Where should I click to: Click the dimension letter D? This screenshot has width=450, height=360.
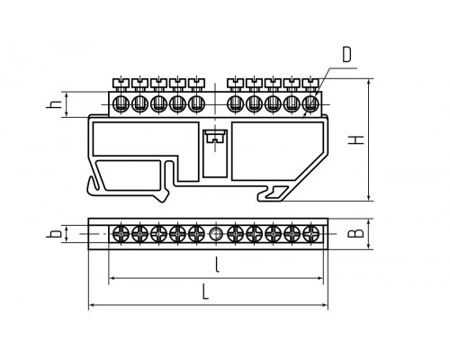(346, 55)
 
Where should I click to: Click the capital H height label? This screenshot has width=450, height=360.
(356, 139)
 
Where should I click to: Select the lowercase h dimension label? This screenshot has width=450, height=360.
(55, 103)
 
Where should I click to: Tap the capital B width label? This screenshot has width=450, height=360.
(355, 233)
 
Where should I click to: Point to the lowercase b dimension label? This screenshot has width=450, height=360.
(54, 233)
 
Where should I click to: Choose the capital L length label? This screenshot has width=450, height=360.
(205, 292)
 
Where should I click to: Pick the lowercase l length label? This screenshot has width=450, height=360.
(218, 265)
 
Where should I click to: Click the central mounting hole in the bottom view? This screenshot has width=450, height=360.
(215, 234)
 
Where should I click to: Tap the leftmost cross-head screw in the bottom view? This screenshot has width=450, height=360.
(121, 233)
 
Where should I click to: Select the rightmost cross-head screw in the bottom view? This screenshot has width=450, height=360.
(310, 233)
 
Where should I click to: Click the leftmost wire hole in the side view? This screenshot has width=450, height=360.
(121, 104)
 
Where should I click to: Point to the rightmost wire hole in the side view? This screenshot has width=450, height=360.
(310, 104)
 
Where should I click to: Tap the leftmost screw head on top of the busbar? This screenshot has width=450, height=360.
(121, 83)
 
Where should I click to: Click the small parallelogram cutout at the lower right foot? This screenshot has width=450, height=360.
(277, 193)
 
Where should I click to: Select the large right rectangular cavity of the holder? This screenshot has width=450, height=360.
(277, 151)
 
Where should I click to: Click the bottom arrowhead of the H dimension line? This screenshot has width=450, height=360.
(370, 197)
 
